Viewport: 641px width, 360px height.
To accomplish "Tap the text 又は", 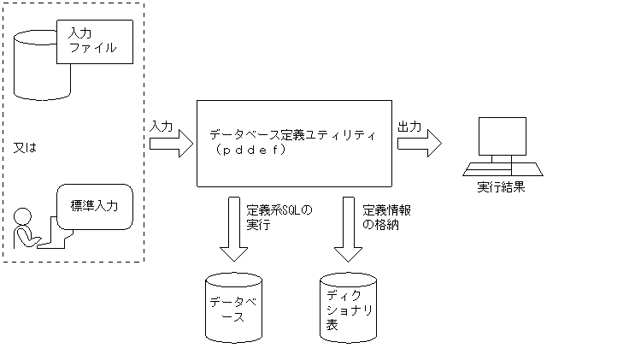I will [26, 147].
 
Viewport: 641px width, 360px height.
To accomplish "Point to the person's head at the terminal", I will [24, 215].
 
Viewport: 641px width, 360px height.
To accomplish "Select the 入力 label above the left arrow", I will [160, 126].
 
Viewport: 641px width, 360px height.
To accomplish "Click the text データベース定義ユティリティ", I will [292, 135].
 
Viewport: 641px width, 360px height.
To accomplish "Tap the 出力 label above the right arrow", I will [409, 126].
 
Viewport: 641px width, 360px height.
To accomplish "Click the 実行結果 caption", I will [502, 187].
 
